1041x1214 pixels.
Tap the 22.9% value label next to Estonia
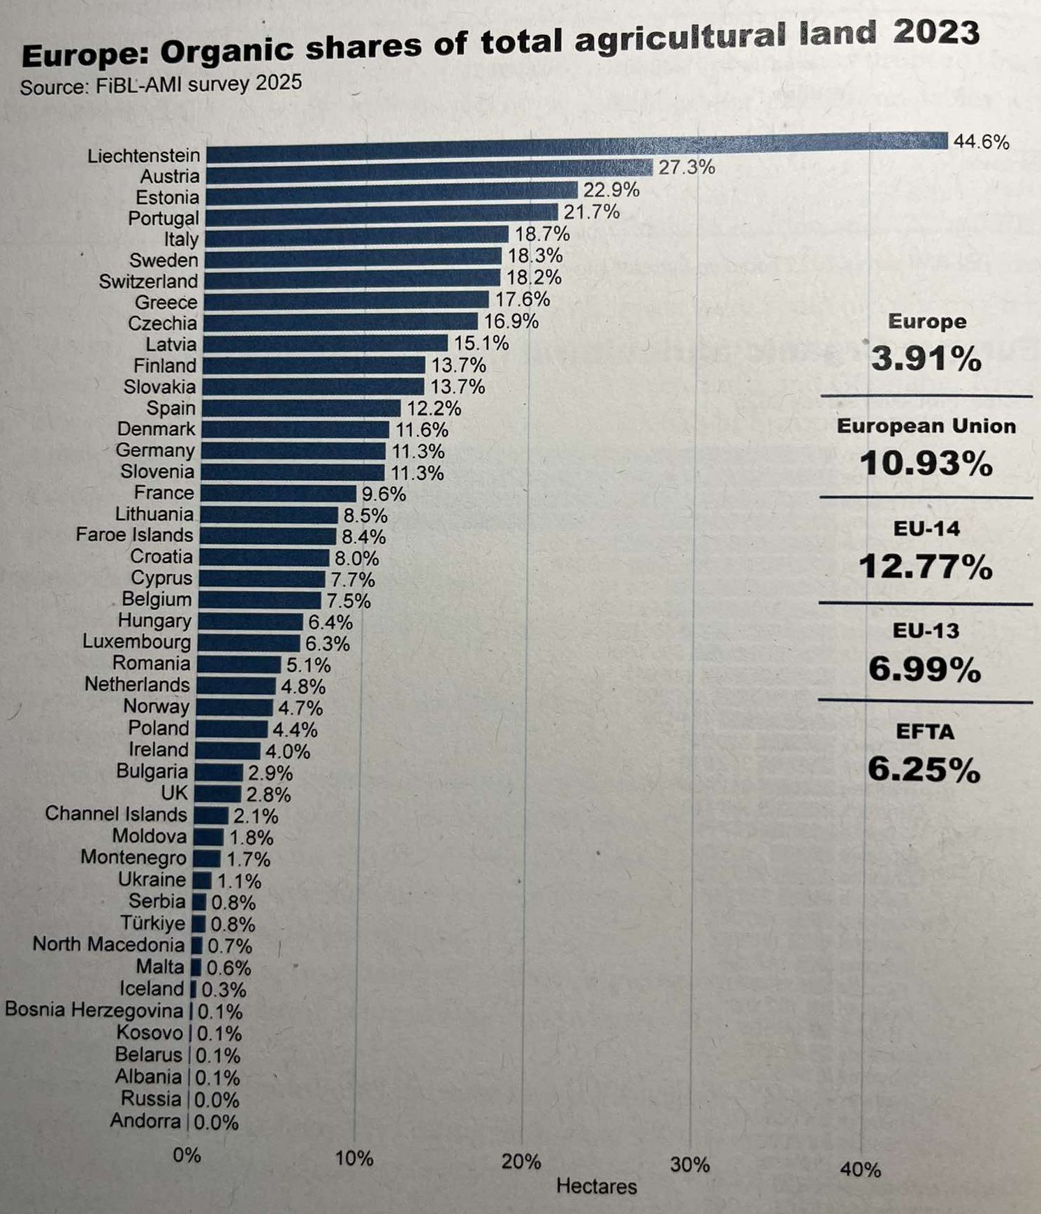click(x=611, y=190)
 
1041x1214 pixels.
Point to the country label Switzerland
click(x=148, y=281)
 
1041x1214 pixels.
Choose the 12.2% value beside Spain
click(x=434, y=408)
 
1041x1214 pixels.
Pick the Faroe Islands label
click(x=134, y=535)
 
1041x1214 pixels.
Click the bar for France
click(x=279, y=494)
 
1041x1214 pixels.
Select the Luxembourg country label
click(x=136, y=641)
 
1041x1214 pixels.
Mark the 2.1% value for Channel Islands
click(x=256, y=816)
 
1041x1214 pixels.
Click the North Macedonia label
click(x=108, y=944)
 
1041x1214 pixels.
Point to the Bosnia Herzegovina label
click(x=94, y=1010)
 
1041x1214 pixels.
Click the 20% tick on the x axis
click(x=521, y=1162)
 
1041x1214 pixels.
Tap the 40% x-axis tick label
click(x=860, y=1169)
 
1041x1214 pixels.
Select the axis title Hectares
click(x=597, y=1186)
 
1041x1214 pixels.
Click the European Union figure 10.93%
click(x=926, y=463)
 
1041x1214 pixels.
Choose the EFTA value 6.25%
click(x=924, y=770)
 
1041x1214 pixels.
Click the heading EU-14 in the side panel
click(x=926, y=529)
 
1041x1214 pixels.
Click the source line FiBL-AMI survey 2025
click(x=161, y=85)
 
